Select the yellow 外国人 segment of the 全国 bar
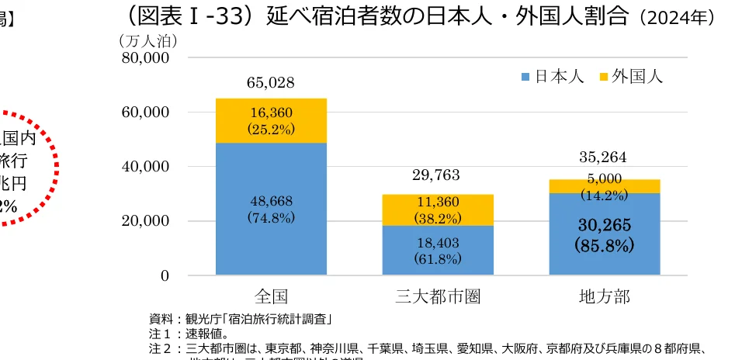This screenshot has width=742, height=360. point(271,109)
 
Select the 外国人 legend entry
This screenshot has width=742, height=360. point(629,76)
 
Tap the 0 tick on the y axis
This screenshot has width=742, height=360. point(165,275)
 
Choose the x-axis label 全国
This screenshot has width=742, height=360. point(271,296)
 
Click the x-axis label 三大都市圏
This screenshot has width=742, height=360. point(437,296)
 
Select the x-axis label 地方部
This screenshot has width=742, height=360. point(604,296)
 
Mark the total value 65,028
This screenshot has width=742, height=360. point(271,83)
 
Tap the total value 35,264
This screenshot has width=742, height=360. point(603,158)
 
